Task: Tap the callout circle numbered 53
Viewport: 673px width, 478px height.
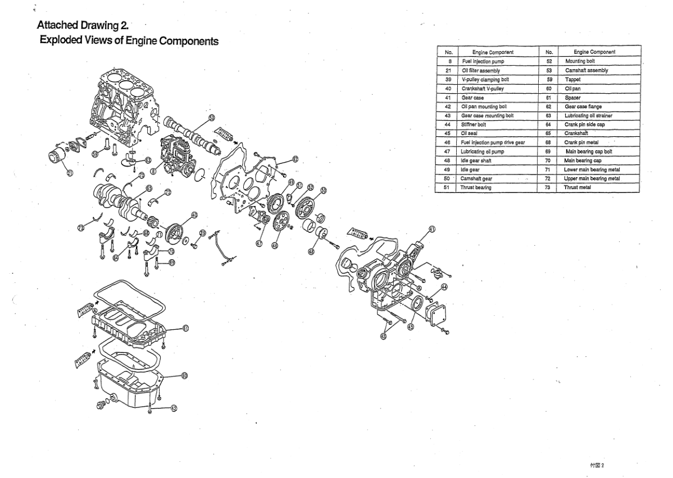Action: (211, 117)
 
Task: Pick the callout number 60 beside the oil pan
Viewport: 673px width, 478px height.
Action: (185, 375)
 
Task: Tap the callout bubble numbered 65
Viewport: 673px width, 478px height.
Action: (149, 189)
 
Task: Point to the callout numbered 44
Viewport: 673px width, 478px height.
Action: (444, 287)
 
